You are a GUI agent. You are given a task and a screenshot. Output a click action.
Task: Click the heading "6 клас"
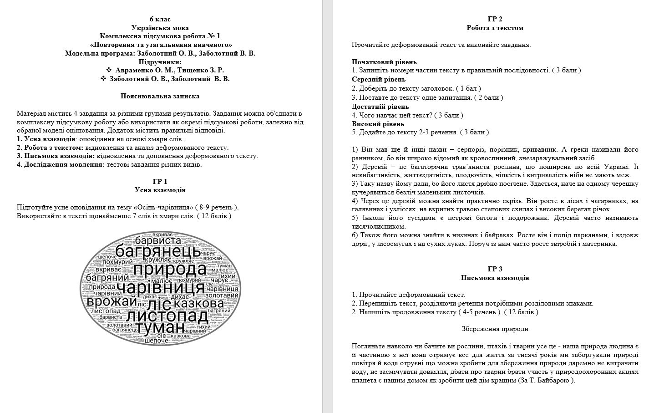point(160,19)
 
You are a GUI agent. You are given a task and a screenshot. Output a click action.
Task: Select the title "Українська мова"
point(160,27)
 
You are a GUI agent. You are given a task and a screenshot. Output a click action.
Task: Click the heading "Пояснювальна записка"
point(160,96)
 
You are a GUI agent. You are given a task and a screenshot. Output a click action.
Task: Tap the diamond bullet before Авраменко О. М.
point(109,70)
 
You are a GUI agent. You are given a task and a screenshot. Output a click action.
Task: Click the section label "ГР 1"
point(160,181)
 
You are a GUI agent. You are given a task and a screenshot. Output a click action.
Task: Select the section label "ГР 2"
point(495,19)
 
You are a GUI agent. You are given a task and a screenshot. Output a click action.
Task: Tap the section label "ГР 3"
point(495,269)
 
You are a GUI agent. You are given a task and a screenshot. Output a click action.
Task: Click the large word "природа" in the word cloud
point(170,270)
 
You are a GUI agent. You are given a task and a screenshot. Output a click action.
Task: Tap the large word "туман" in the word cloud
point(160,328)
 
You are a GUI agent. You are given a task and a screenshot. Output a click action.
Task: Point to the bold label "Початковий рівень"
point(384,62)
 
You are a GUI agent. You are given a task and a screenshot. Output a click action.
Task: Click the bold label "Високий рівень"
point(378,124)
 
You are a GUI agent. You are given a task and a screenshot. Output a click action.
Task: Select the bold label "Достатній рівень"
point(380,107)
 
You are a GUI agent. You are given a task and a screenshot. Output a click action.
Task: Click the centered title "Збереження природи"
point(495,329)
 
